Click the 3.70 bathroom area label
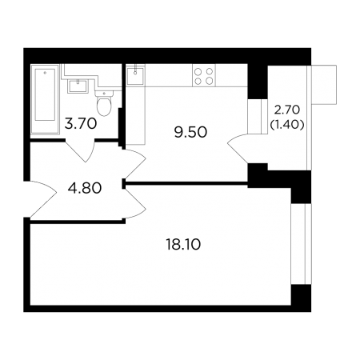(81, 124)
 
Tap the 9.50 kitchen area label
(190, 132)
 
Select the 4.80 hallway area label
(85, 188)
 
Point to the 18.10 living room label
(183, 245)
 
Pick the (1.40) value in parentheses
(287, 124)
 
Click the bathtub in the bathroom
(45, 99)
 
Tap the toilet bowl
(104, 106)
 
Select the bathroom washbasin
(78, 86)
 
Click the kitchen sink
(135, 76)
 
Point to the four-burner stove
(204, 75)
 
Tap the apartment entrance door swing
(42, 199)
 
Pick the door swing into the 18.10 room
(135, 203)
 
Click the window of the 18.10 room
(301, 244)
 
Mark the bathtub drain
(45, 72)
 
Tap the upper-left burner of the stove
(198, 71)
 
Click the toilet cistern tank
(104, 93)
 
